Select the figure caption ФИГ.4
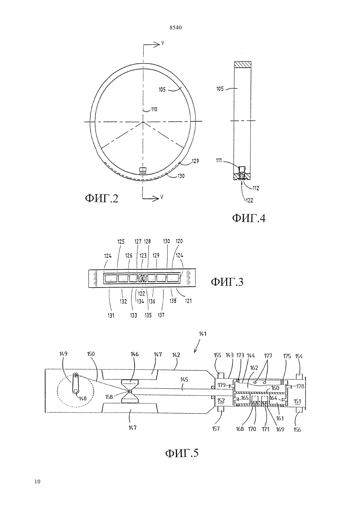[249, 218]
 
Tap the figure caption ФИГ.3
[227, 282]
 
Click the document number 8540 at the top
[176, 28]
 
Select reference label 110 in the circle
[154, 110]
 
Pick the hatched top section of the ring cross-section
[243, 64]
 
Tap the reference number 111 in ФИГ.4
[219, 161]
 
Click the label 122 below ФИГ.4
[249, 201]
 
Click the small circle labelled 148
[76, 391]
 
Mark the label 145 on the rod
[184, 379]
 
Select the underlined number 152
[221, 401]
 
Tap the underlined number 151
[297, 401]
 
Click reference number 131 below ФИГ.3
[111, 316]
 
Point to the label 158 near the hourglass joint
[109, 397]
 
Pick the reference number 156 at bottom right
[297, 430]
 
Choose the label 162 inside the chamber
[254, 368]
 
